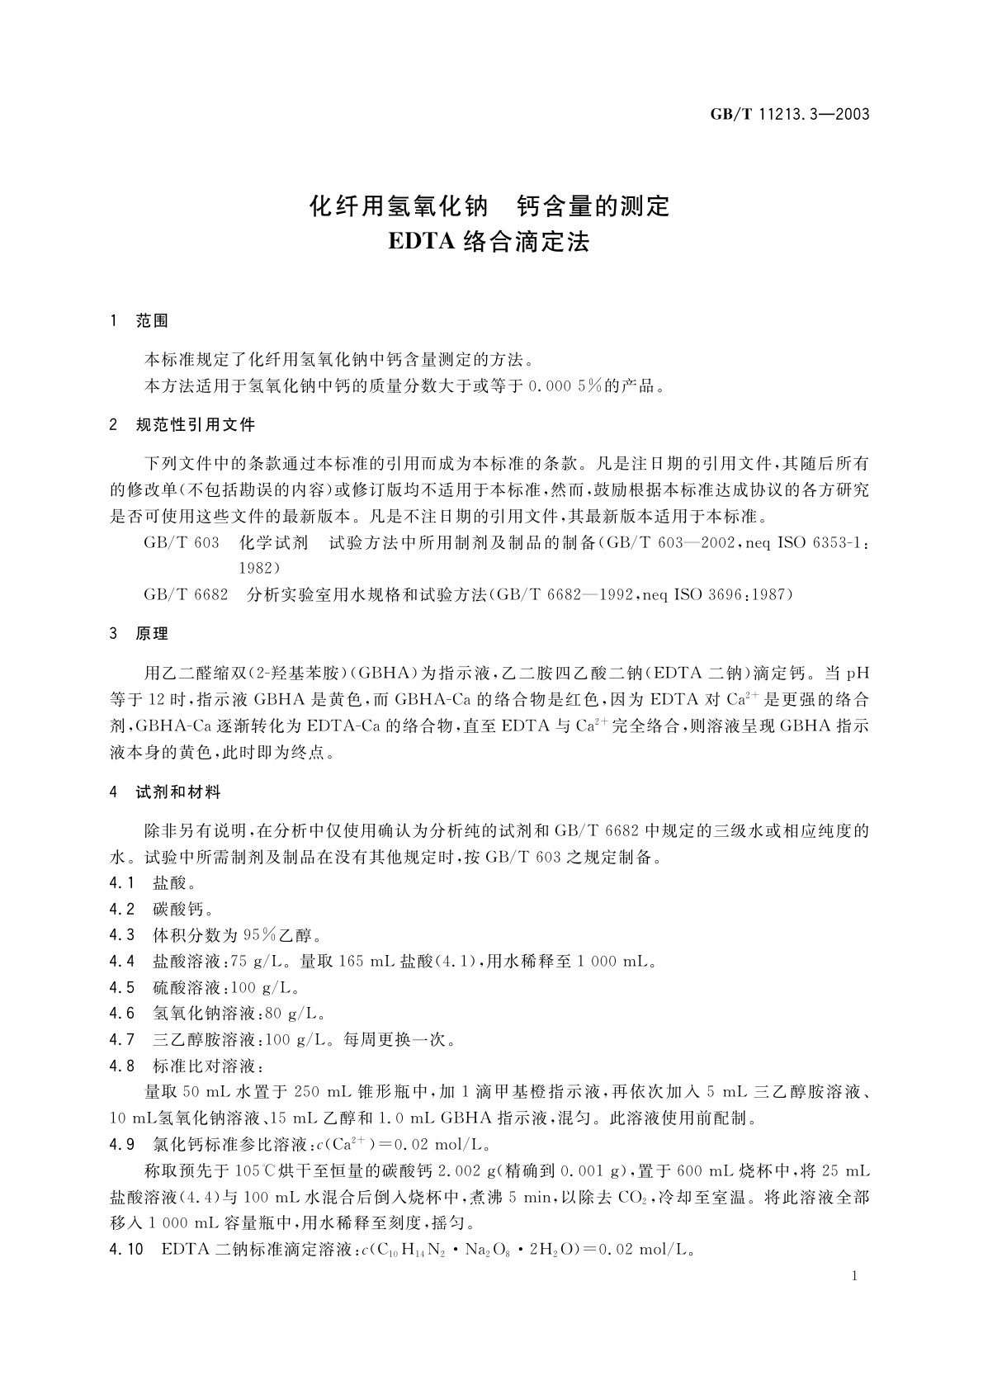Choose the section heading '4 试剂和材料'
click(x=165, y=792)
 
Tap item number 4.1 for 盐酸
click(x=121, y=883)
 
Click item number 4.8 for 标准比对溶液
click(x=121, y=1066)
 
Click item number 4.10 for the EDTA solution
click(x=125, y=1250)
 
